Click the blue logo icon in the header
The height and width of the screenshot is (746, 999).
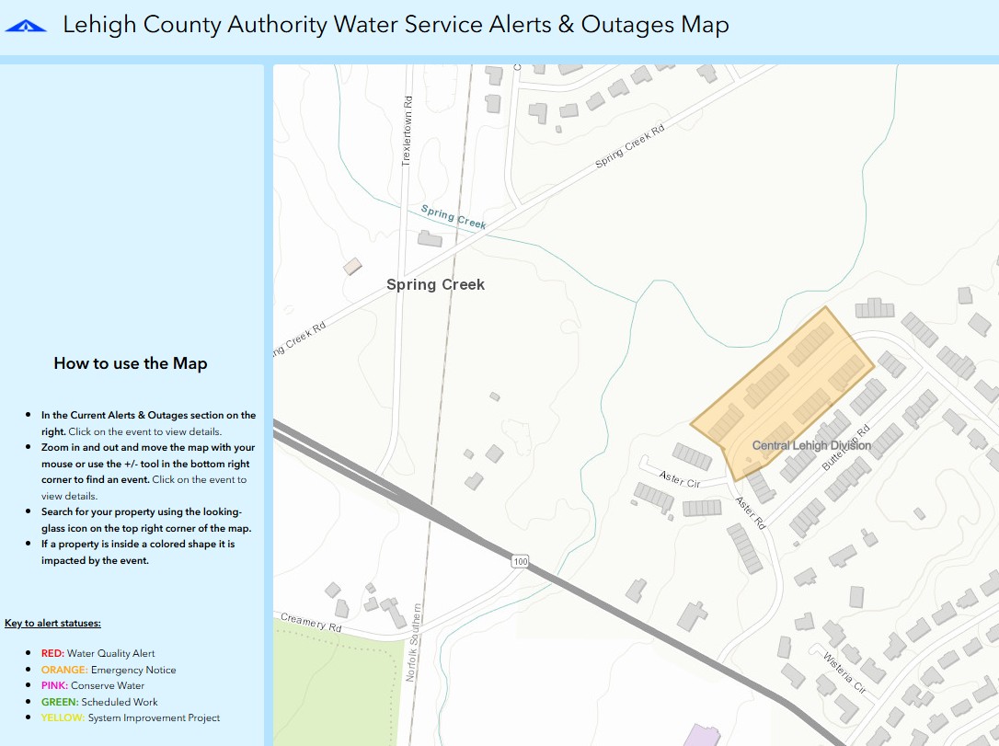click(25, 27)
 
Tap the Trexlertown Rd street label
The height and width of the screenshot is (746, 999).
click(408, 131)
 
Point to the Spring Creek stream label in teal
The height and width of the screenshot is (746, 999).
click(454, 217)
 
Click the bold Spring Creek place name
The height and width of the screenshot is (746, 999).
click(435, 284)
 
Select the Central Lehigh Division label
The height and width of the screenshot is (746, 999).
click(811, 445)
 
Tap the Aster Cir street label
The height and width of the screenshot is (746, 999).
click(680, 480)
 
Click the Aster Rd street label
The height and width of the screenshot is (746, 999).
click(750, 512)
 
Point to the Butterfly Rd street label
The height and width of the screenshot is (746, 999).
click(845, 448)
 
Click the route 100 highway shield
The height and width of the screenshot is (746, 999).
click(522, 561)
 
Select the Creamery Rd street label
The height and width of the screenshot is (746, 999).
click(311, 623)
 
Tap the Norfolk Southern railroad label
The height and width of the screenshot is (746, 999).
click(414, 642)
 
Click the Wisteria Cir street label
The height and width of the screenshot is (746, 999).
click(844, 672)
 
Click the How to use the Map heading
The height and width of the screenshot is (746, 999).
click(131, 363)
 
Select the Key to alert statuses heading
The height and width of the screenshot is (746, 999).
click(52, 623)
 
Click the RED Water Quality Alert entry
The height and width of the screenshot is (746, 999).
click(98, 653)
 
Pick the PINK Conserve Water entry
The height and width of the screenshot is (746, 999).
click(92, 685)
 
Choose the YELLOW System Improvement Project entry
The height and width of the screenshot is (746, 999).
click(130, 717)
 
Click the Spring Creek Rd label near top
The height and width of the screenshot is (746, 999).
click(630, 147)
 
